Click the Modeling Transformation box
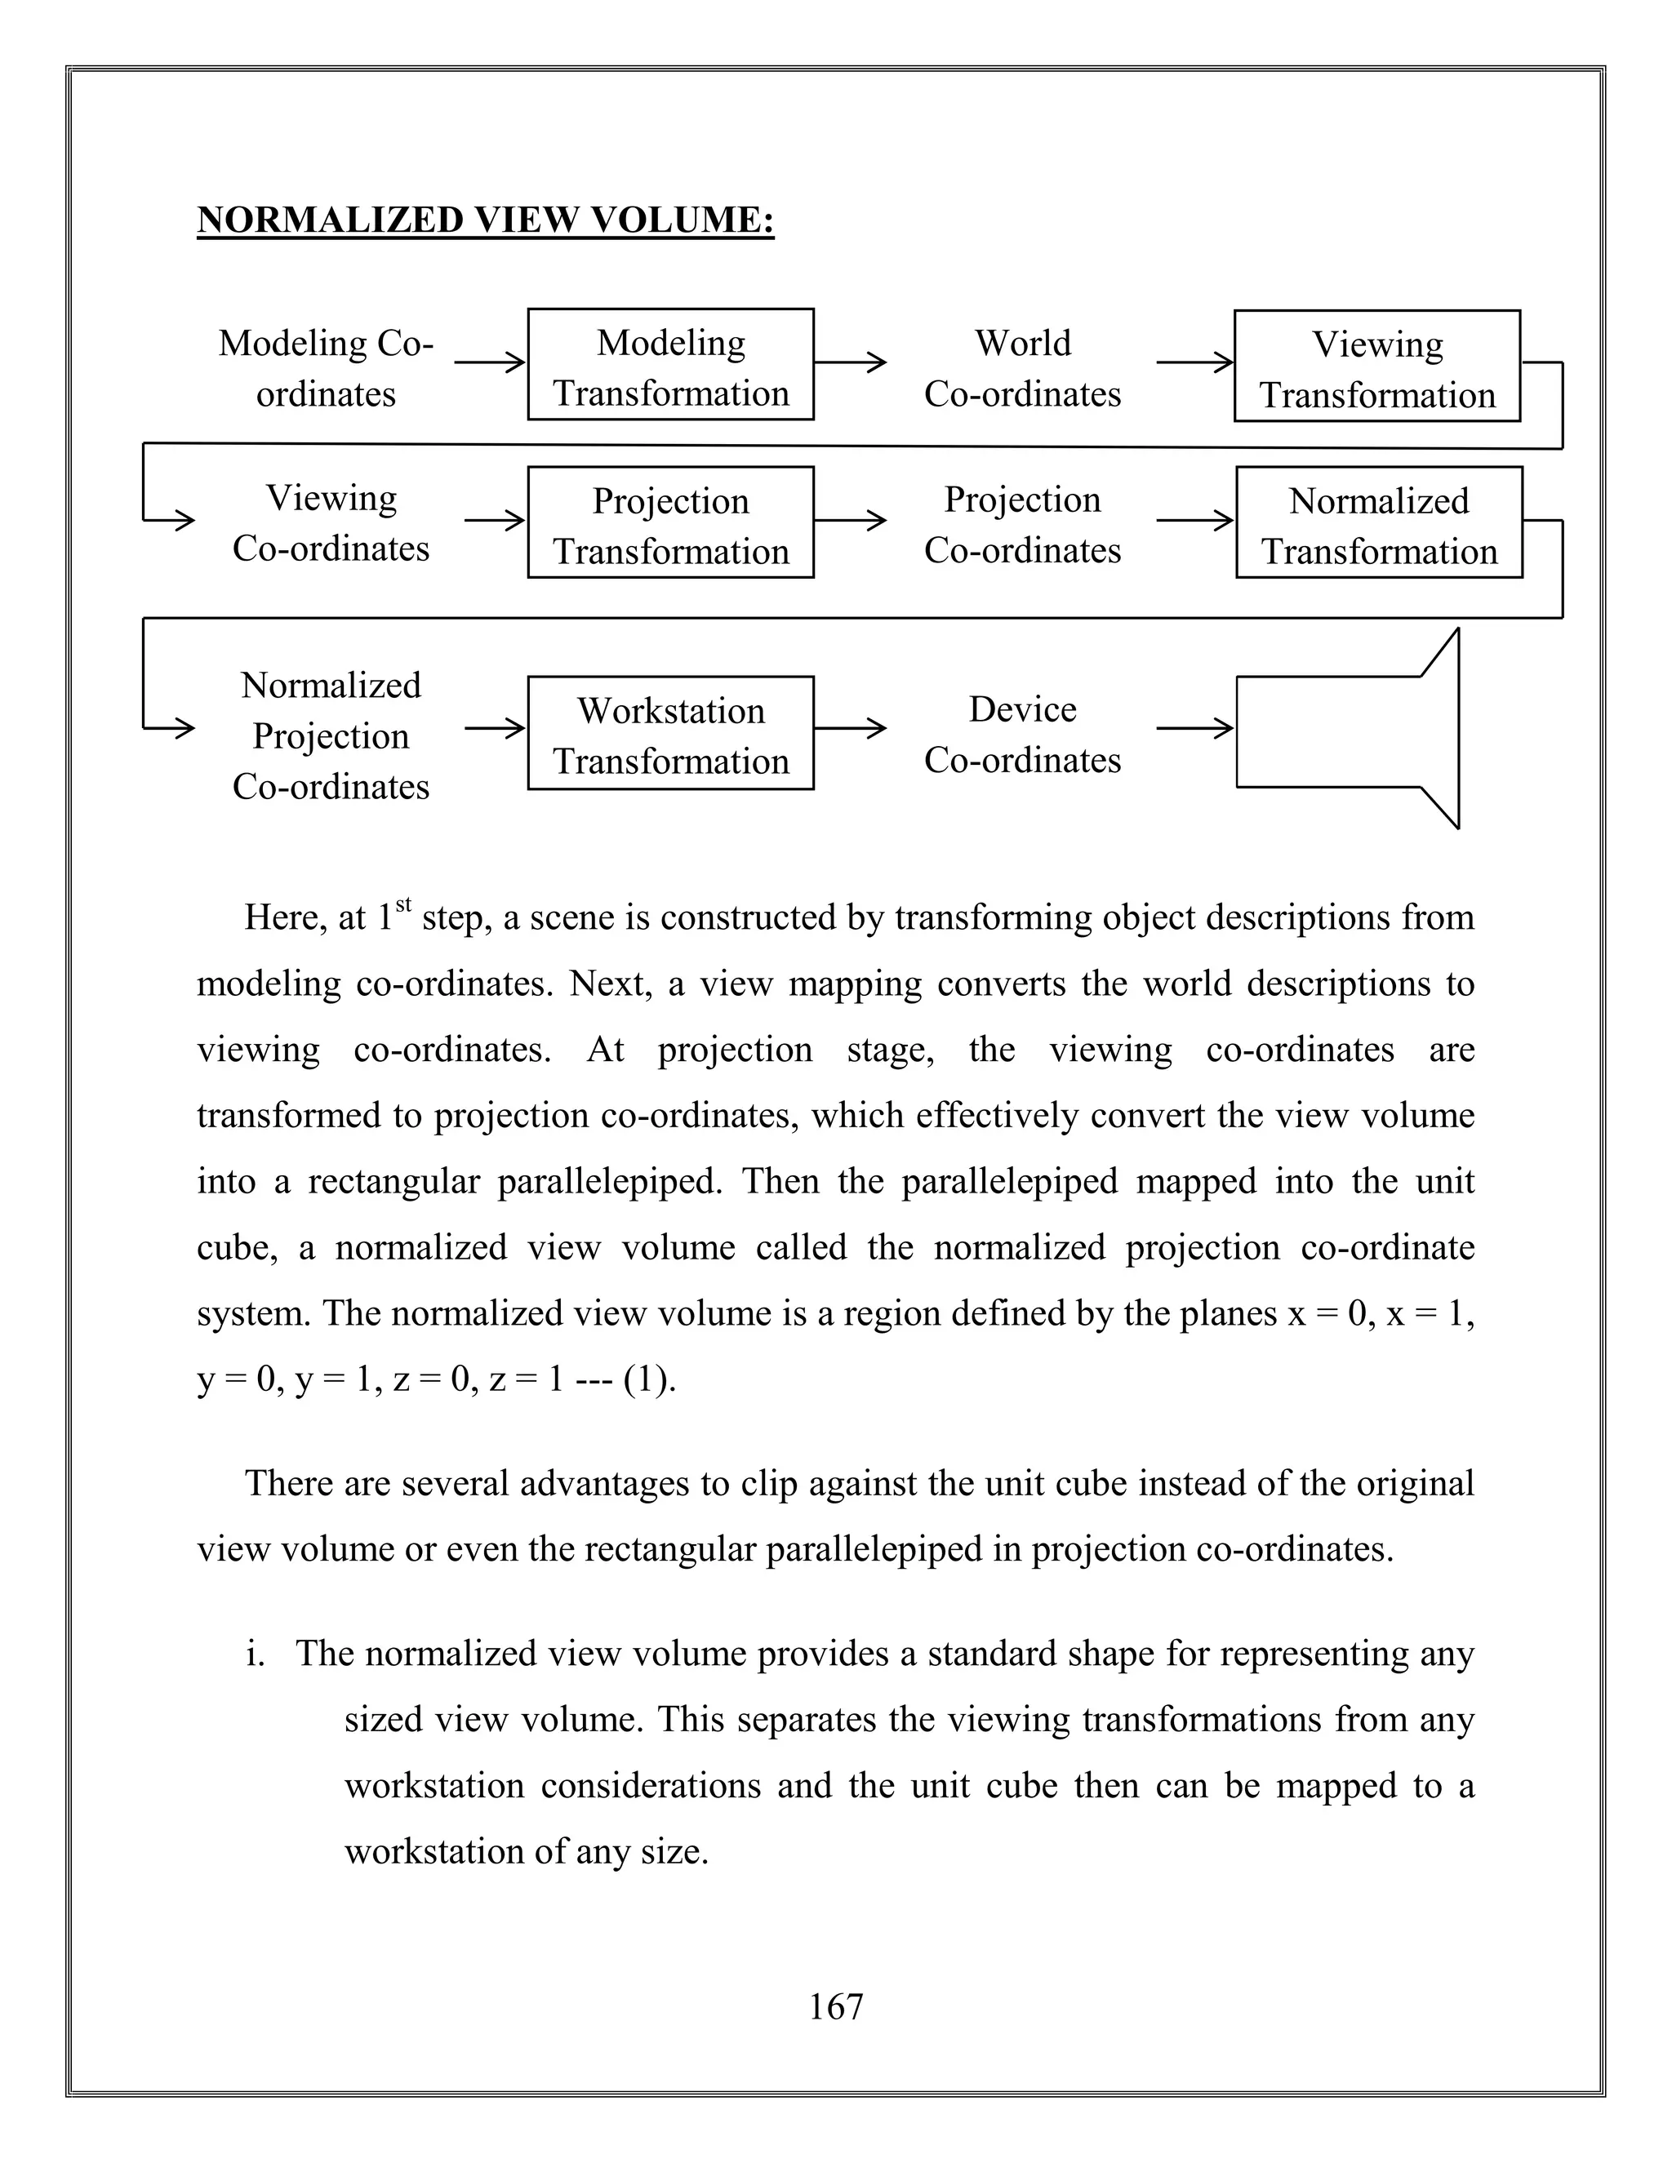(x=670, y=365)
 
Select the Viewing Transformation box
(x=1376, y=366)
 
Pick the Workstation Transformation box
(x=670, y=733)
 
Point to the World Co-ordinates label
(x=1022, y=367)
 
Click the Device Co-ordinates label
(x=1022, y=734)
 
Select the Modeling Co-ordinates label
(x=326, y=367)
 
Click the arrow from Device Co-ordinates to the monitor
(x=1194, y=729)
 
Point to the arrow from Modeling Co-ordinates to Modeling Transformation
(x=489, y=362)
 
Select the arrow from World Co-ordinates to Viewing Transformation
(x=1194, y=362)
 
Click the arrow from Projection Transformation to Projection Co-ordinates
(x=850, y=520)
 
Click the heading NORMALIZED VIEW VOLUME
(x=486, y=220)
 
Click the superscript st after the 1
(x=403, y=904)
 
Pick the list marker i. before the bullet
(x=256, y=1653)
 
